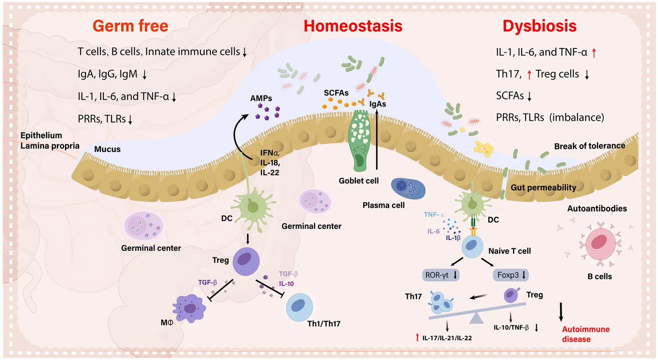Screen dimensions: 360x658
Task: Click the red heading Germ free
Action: click(x=130, y=26)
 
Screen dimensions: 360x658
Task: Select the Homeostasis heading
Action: click(x=353, y=26)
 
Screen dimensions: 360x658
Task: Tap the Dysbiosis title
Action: click(x=539, y=26)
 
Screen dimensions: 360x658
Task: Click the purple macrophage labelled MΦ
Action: click(x=189, y=308)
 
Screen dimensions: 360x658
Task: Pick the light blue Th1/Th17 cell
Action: click(x=299, y=307)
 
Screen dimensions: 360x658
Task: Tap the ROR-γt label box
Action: click(x=441, y=275)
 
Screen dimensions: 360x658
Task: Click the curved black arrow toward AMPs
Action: click(x=238, y=133)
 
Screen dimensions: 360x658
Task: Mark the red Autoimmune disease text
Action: click(x=586, y=334)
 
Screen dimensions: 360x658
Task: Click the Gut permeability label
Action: click(x=543, y=188)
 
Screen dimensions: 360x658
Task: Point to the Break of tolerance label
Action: click(x=589, y=146)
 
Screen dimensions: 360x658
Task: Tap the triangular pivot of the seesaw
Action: click(x=476, y=318)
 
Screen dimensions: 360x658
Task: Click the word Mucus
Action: click(x=107, y=149)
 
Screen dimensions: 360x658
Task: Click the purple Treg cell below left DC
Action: click(x=246, y=261)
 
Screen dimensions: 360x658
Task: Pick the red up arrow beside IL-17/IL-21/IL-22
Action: click(x=417, y=337)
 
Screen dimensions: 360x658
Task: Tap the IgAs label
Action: click(x=378, y=104)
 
